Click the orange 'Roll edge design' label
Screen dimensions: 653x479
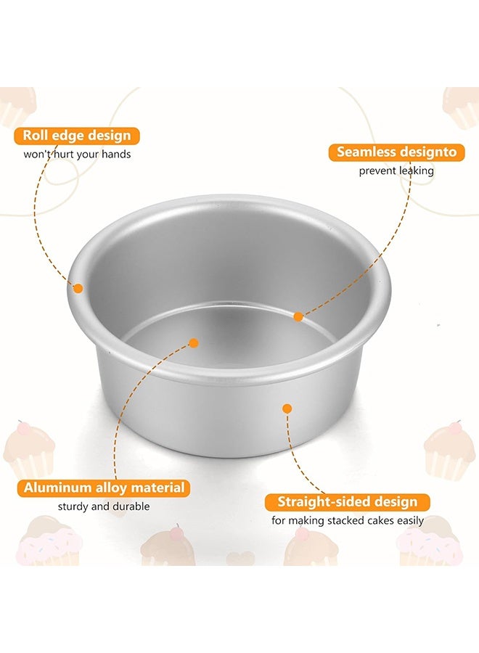(77, 136)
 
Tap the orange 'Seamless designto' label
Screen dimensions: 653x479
(396, 152)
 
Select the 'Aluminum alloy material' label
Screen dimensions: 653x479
(104, 488)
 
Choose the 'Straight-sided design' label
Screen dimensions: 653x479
(348, 502)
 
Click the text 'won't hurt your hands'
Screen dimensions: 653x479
(78, 154)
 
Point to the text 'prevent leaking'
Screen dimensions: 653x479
(396, 171)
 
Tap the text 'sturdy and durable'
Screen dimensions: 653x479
(104, 506)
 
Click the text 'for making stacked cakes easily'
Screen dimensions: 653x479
(348, 520)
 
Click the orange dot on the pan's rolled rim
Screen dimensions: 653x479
(78, 288)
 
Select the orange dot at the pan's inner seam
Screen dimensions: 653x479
(298, 316)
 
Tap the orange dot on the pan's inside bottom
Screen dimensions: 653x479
(193, 342)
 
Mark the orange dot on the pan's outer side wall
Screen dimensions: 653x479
(287, 408)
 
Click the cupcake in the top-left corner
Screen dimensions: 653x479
(16, 105)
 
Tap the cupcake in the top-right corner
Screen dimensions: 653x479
(462, 105)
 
